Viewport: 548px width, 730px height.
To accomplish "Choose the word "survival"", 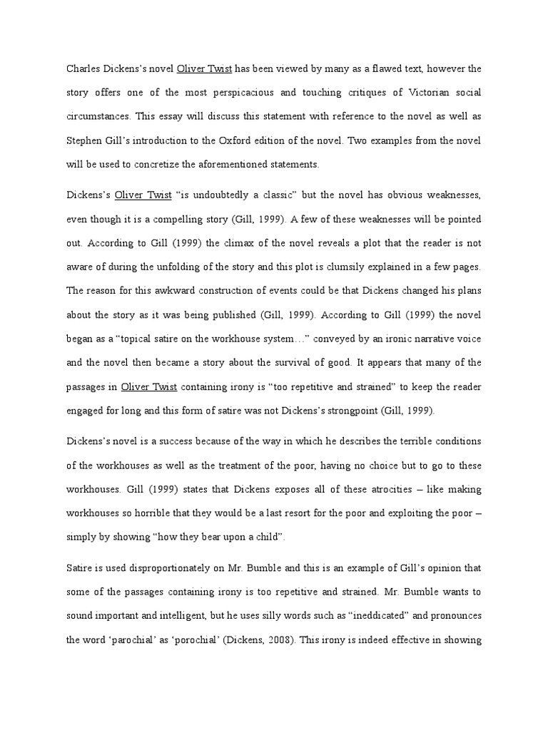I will point(295,362).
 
